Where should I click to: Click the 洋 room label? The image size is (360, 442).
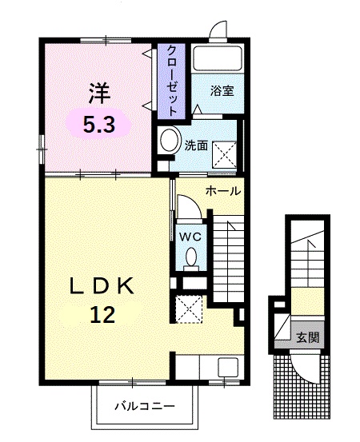tap(98, 93)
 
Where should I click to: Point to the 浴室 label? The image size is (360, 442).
tap(222, 91)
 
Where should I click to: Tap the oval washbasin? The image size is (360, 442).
tap(170, 141)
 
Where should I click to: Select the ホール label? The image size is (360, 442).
tap(223, 191)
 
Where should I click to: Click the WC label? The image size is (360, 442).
tap(190, 237)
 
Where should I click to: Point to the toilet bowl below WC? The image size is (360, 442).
tap(191, 257)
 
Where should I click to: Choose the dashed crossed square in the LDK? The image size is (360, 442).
tap(190, 307)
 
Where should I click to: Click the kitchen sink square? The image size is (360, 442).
tap(228, 368)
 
